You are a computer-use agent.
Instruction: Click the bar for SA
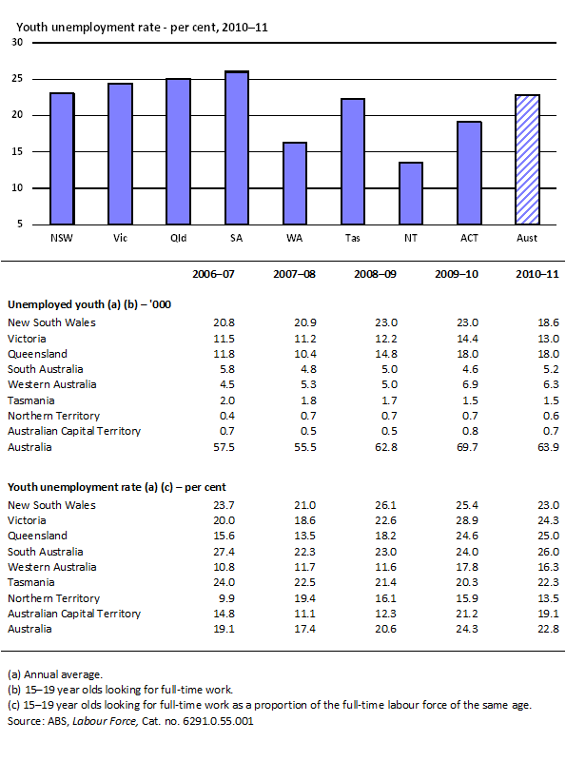[x=237, y=147]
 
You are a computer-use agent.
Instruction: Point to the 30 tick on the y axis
[x=18, y=44]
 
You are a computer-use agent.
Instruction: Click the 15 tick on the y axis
[x=18, y=152]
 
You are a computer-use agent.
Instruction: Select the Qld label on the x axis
[x=178, y=236]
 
